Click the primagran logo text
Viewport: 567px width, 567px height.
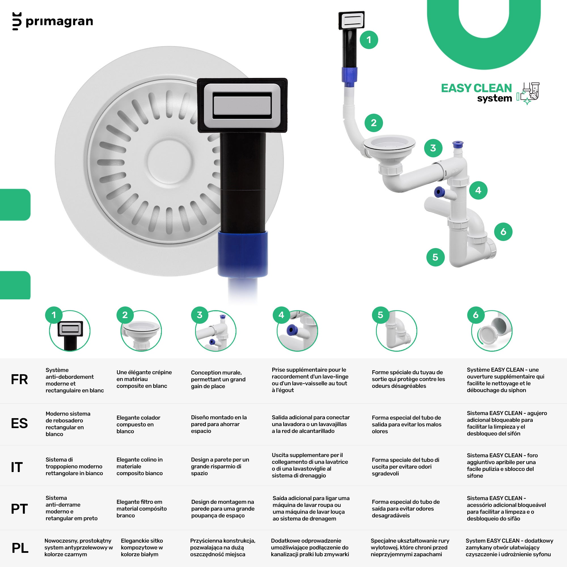pos(59,22)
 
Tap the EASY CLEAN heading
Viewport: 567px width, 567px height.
pos(476,88)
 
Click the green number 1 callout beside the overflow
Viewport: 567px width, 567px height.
pos(369,40)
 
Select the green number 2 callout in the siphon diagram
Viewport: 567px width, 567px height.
pos(374,123)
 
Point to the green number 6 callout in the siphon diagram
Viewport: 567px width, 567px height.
pos(503,232)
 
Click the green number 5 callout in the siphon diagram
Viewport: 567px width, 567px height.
pos(435,257)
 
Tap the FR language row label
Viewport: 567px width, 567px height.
pos(19,380)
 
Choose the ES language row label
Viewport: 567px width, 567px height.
pos(19,423)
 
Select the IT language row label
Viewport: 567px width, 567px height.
pos(17,467)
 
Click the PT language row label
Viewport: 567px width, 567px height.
pos(19,509)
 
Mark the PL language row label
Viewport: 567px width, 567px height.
pos(20,548)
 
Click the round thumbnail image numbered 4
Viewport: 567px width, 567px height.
pos(297,331)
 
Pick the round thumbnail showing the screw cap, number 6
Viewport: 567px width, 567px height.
pos(492,331)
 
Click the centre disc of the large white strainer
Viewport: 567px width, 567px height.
pos(170,160)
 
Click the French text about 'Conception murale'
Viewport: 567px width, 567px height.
pos(218,379)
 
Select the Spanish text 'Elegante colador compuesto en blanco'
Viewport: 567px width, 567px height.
pos(139,424)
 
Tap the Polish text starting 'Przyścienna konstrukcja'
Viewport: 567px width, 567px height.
pos(223,547)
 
